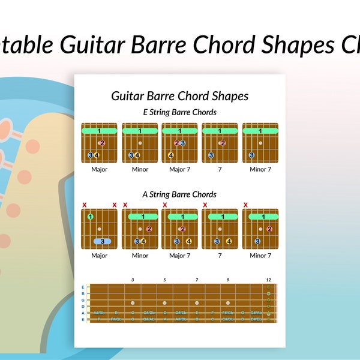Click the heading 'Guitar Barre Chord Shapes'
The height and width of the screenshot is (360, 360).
(x=179, y=96)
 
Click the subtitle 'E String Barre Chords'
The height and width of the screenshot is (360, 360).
(x=179, y=112)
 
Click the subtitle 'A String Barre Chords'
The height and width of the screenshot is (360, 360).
(x=179, y=194)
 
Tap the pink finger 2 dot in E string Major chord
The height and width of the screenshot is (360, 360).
(x=102, y=143)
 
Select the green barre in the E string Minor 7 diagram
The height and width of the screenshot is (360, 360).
(x=260, y=130)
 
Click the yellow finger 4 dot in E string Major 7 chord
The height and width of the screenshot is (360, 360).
(x=171, y=155)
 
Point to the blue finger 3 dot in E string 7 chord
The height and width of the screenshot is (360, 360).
(x=211, y=155)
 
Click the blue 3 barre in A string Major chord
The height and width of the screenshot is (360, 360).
(x=102, y=241)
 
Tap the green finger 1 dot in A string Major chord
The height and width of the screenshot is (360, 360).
(x=90, y=217)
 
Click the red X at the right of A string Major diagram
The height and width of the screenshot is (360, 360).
(x=114, y=205)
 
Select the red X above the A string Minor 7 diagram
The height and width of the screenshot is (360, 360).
(x=245, y=205)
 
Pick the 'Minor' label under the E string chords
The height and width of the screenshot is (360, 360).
(x=140, y=169)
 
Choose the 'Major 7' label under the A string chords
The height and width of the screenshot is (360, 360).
(x=179, y=256)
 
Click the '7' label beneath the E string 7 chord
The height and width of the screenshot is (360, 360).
(x=220, y=169)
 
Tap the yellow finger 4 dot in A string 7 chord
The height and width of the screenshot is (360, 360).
(x=229, y=241)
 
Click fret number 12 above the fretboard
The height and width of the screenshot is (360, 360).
(x=268, y=280)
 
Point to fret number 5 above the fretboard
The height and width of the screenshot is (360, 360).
(x=164, y=280)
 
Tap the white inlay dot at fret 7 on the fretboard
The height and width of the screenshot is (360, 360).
(x=196, y=303)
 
